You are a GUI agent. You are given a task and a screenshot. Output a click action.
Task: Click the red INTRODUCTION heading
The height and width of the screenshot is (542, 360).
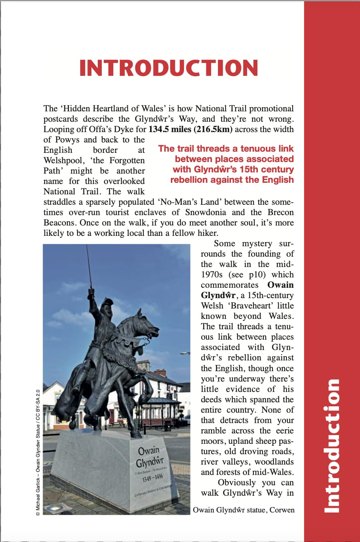click(x=169, y=68)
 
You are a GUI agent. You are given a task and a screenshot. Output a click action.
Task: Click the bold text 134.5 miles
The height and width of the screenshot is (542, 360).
click(x=170, y=129)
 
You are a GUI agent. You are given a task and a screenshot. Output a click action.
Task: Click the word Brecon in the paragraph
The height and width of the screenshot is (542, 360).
click(x=281, y=212)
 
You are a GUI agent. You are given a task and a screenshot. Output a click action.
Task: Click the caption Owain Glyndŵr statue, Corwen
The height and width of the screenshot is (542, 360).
click(x=243, y=510)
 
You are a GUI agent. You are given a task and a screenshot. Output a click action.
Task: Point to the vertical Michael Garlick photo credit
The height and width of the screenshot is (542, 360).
click(x=38, y=453)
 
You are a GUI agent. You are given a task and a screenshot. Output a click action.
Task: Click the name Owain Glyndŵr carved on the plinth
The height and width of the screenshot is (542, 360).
click(x=149, y=457)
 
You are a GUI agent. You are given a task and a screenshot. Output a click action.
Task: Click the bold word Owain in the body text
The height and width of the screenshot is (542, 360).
click(x=280, y=285)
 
